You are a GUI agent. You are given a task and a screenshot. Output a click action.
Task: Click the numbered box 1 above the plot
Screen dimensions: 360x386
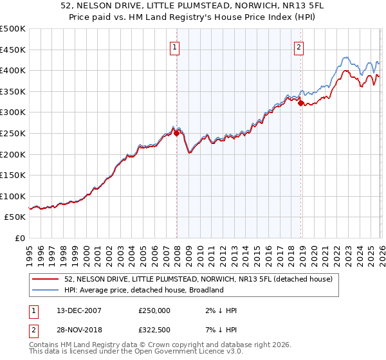coord(175,46)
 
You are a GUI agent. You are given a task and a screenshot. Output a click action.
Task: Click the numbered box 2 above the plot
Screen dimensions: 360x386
coord(299,46)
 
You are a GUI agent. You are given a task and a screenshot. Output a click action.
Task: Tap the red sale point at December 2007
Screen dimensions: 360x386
coord(177,134)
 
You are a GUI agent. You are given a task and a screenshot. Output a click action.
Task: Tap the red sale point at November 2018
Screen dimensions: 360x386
coord(301,103)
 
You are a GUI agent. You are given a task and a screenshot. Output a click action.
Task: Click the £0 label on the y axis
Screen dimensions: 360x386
coord(19,238)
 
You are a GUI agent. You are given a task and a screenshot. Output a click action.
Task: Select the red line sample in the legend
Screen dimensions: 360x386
coord(46,279)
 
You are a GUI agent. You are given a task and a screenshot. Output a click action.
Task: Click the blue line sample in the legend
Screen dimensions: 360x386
coord(46,290)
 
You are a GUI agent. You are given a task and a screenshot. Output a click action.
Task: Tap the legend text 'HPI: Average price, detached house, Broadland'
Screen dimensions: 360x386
coord(143,290)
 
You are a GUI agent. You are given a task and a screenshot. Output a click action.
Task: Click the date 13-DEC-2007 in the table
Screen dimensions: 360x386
coord(73,310)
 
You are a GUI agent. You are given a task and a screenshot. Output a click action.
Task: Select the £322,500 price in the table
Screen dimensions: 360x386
coord(154,331)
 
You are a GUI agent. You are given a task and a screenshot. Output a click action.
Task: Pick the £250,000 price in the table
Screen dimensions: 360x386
coord(154,310)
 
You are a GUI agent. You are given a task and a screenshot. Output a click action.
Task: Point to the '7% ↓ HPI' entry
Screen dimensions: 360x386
coord(219,331)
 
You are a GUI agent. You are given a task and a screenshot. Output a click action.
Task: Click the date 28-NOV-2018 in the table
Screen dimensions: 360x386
coord(73,331)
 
